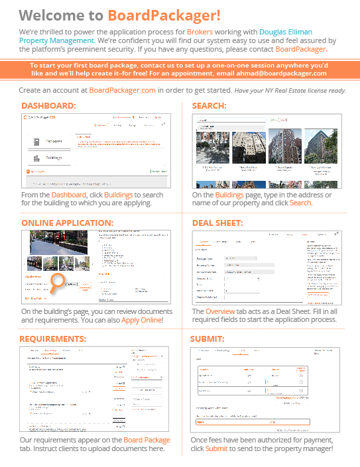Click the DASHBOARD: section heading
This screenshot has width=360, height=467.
point(48,106)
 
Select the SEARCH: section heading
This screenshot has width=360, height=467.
point(209,106)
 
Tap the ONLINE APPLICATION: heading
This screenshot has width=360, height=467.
point(67,223)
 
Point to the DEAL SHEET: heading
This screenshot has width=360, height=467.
point(217,223)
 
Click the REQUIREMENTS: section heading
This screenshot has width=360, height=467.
point(53,339)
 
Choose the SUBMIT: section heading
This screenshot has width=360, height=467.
point(208,339)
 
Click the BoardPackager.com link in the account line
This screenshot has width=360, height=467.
point(123,89)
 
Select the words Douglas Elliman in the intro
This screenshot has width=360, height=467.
point(285,31)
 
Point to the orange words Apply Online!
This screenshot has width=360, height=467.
point(142,320)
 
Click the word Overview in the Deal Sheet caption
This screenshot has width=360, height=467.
point(219,311)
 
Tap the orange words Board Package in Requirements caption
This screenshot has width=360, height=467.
point(147,440)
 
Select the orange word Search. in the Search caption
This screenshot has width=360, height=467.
point(300,203)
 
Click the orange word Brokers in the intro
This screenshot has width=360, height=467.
point(200,31)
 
